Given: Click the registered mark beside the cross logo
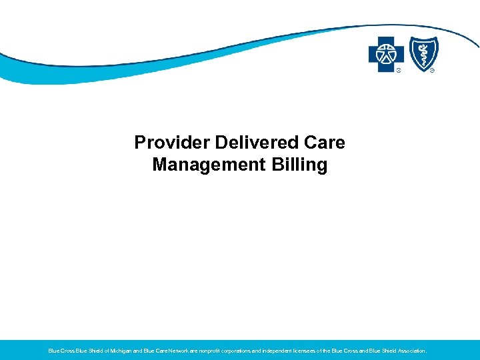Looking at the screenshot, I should [399, 69].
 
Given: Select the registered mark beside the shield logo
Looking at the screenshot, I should [432, 69].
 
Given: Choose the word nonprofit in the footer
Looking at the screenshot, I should [215, 350].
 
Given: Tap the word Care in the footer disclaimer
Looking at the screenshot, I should [163, 350].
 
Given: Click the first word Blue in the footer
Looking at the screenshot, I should [53, 350].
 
